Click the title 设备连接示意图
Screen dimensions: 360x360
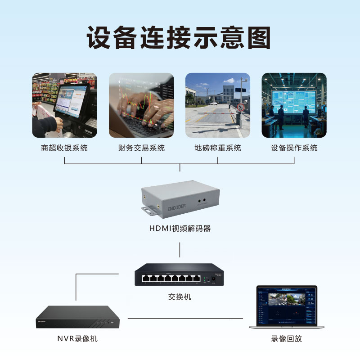tap(179, 38)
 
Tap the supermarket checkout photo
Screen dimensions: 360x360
tap(64, 105)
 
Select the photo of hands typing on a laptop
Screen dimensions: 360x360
tap(141, 105)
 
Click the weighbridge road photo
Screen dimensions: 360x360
tap(218, 105)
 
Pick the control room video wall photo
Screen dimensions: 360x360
tap(294, 105)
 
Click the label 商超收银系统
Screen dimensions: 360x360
tap(64, 148)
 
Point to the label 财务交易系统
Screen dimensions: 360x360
tap(141, 148)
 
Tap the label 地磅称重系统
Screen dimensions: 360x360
tap(218, 148)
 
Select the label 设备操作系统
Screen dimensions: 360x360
tap(294, 148)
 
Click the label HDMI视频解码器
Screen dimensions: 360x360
tap(180, 229)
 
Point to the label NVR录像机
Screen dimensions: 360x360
tap(77, 339)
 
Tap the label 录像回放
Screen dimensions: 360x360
tap(286, 339)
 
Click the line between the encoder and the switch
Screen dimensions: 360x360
tap(180, 250)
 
